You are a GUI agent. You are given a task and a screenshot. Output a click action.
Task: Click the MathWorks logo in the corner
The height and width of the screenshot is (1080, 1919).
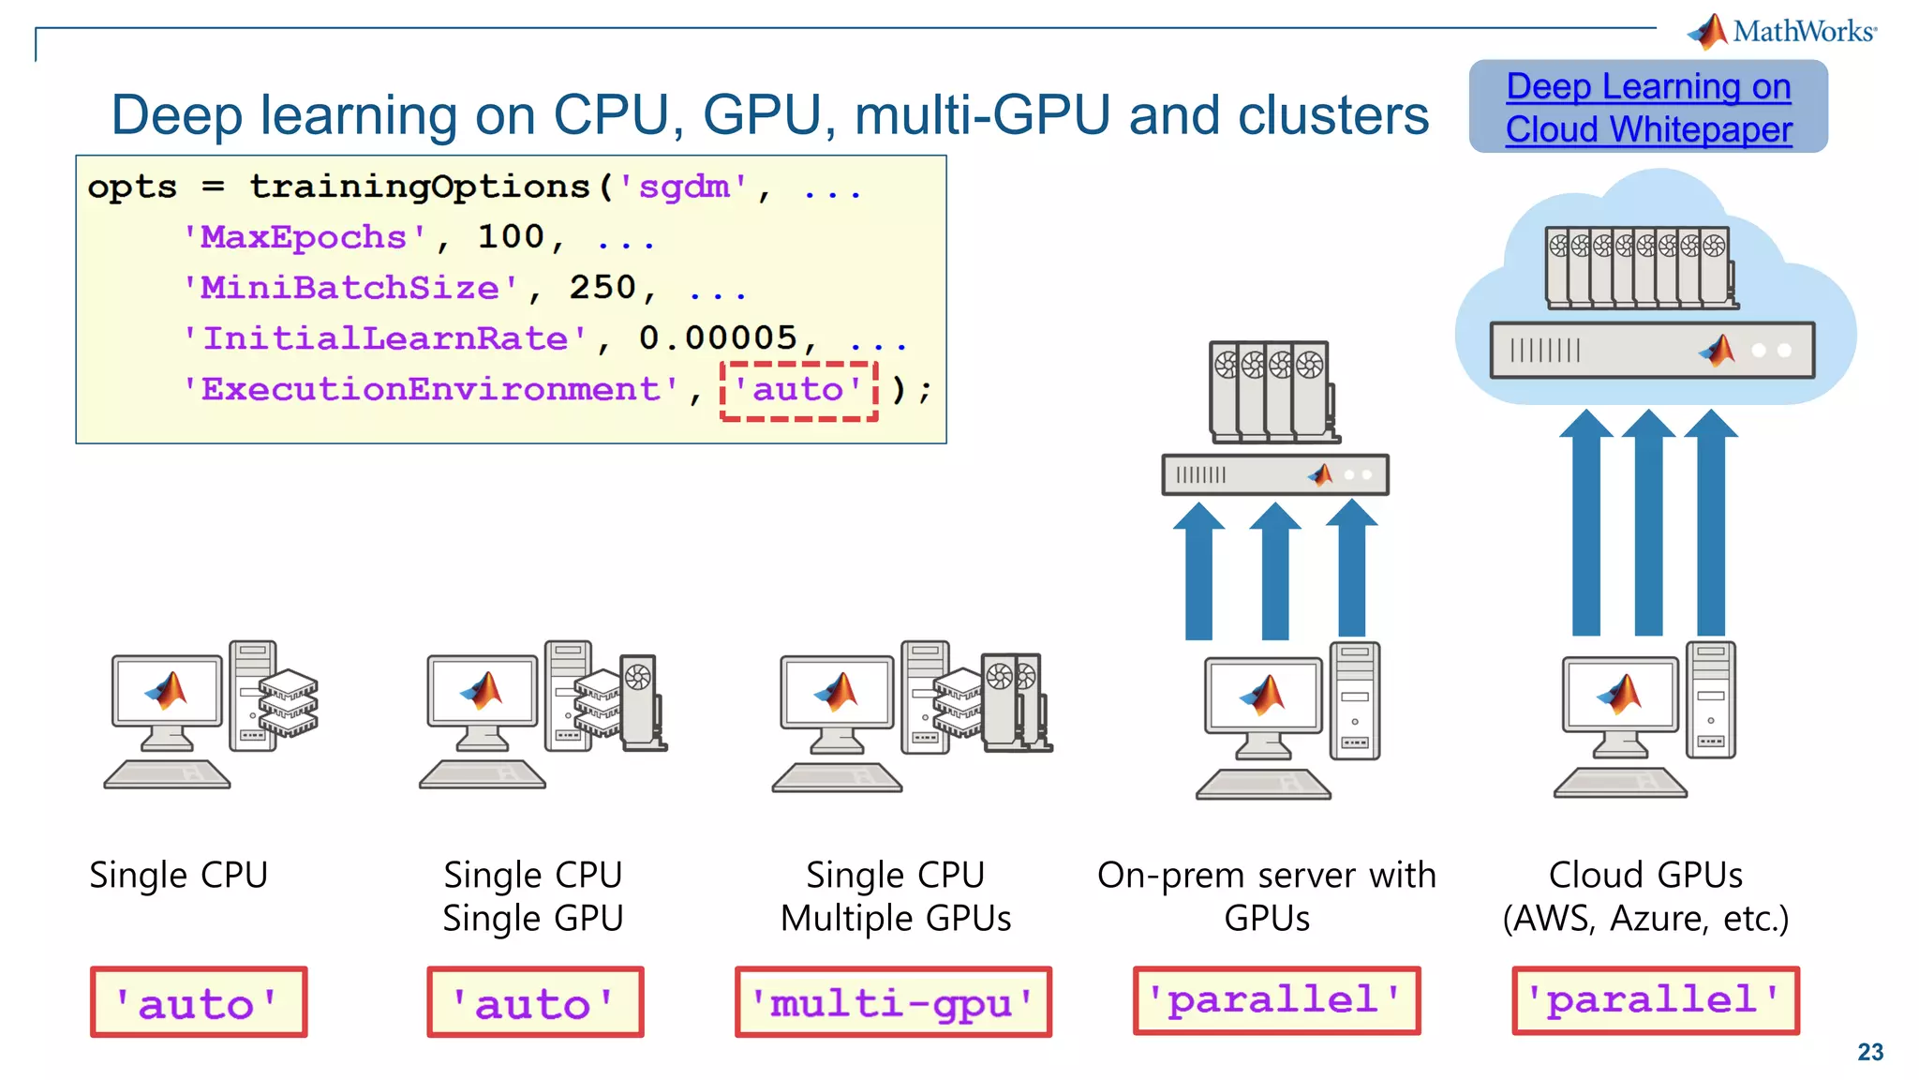[1781, 31]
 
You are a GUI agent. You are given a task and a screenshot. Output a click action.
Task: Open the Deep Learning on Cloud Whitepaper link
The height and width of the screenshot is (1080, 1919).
[1648, 107]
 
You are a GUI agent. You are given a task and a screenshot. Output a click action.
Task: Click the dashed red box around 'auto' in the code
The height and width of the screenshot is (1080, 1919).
[798, 390]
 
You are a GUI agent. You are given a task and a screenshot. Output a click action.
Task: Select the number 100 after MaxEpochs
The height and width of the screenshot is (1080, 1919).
[511, 236]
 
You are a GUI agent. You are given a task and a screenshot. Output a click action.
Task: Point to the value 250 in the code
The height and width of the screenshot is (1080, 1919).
[602, 287]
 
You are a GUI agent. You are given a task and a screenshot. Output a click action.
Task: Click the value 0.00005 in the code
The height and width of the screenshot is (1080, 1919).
[718, 337]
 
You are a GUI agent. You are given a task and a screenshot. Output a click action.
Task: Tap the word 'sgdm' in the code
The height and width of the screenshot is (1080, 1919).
[683, 187]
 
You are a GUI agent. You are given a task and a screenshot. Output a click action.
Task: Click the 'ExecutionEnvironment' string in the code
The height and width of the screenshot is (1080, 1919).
[431, 389]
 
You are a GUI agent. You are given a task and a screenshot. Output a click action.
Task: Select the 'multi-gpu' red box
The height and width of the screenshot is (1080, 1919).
[893, 1002]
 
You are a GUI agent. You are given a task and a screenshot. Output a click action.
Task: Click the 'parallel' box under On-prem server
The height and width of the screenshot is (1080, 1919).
[1276, 1000]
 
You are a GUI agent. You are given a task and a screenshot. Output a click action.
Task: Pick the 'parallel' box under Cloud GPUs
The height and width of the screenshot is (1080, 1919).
[1655, 1000]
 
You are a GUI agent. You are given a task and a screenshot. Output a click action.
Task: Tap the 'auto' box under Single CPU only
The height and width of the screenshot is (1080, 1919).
[199, 1002]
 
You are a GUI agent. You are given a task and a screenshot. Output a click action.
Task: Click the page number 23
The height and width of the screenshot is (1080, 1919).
[1869, 1052]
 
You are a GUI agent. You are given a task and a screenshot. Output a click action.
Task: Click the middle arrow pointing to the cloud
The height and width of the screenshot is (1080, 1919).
[1648, 525]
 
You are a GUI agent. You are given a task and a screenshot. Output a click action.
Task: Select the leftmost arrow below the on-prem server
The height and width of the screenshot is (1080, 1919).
[1198, 572]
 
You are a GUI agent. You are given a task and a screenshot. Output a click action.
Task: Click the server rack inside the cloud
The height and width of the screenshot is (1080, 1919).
[1651, 350]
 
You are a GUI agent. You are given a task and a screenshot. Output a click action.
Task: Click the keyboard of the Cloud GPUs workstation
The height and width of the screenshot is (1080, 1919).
[1620, 782]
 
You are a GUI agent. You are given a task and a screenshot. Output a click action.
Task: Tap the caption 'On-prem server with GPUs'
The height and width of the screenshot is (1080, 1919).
[1267, 895]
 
